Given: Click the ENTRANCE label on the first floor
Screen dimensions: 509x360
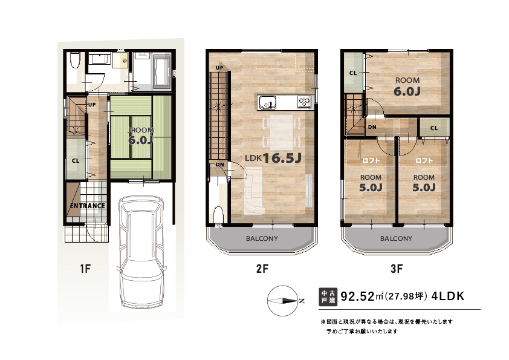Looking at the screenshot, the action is coord(88,206).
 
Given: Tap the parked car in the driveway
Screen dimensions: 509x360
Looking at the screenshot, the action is coord(141,252).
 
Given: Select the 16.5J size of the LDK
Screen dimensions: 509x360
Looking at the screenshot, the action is coord(282,159).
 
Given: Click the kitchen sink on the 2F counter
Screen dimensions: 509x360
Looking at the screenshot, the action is coord(267,103).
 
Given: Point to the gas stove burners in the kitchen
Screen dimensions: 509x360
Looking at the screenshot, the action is coord(305,102).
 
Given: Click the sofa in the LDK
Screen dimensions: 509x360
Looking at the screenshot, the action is coord(253,191).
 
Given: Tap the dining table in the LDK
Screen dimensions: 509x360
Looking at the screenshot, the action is coord(282,133).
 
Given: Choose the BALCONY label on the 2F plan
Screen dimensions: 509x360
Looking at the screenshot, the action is coord(262,238).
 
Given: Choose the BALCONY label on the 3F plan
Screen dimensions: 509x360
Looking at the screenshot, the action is coord(396,238).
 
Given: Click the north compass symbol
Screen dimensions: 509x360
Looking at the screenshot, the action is coord(283,301).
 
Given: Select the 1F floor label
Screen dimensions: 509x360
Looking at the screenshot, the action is coord(85,269).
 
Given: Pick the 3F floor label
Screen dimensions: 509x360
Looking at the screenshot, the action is coord(397,269).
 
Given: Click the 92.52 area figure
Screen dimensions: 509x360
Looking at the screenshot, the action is coord(357,296).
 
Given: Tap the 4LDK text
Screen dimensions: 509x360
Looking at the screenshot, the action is coord(448,296).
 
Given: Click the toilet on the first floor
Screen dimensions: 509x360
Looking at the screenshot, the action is coord(75,60).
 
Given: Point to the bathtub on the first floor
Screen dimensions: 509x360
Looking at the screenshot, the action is coord(161,72).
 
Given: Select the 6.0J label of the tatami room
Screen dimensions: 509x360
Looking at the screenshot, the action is coord(141,140).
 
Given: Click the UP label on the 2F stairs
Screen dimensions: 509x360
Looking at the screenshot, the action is coord(220,68).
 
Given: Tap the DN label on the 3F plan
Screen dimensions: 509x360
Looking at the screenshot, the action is coord(372,127).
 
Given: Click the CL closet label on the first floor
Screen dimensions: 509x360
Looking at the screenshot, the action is coord(76,160).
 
